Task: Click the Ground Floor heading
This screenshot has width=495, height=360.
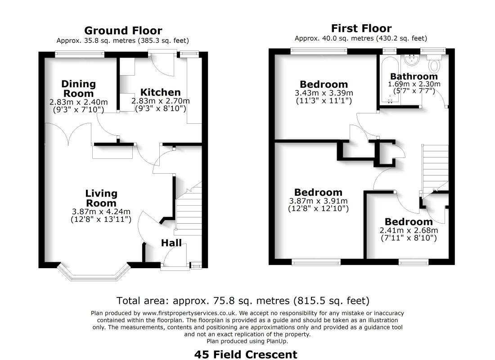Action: tap(123, 31)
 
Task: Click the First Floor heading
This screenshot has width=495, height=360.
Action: tap(361, 28)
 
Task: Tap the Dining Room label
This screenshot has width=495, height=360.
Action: tap(79, 88)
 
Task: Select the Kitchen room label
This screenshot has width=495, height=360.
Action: tap(160, 92)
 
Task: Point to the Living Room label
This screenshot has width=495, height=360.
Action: tap(101, 198)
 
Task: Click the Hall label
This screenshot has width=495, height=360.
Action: tap(171, 243)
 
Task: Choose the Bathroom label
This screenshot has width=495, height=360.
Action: tap(414, 76)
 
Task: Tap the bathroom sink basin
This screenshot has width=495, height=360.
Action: tap(412, 60)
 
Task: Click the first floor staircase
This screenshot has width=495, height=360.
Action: tap(435, 166)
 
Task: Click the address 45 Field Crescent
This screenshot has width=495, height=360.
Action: tap(246, 354)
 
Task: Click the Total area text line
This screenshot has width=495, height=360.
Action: tap(243, 300)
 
